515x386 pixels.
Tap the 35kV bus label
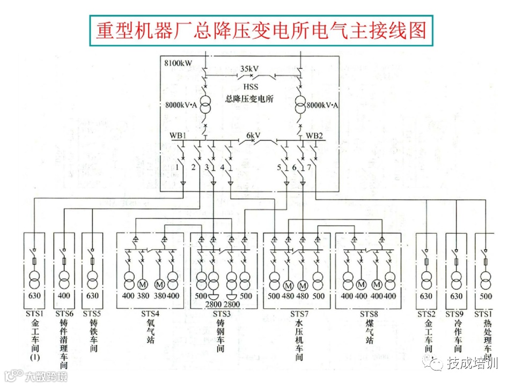point(249,69)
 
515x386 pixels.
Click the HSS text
point(250,86)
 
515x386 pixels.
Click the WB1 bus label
point(179,135)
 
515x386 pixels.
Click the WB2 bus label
point(315,135)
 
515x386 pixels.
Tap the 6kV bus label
point(253,135)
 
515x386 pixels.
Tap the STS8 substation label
point(370,314)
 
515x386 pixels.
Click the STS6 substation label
point(64,314)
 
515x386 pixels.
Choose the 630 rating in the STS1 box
point(35,296)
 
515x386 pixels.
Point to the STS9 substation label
point(455,314)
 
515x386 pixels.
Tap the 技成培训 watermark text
point(474,364)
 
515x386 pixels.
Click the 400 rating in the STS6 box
point(64,296)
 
